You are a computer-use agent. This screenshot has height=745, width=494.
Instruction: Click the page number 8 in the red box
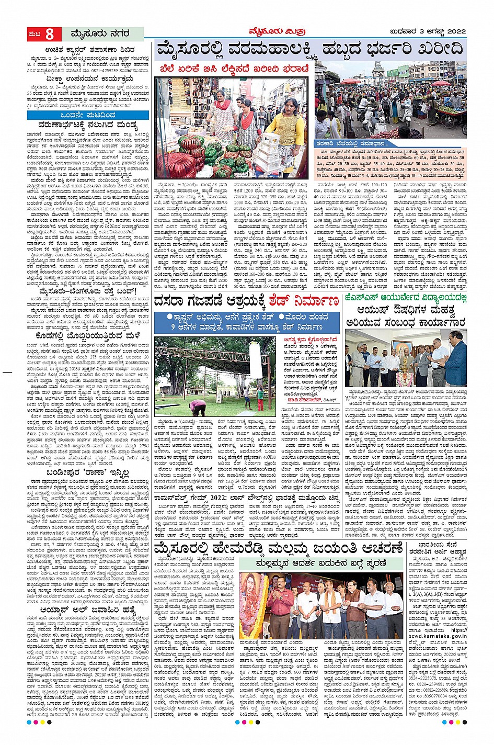(49, 35)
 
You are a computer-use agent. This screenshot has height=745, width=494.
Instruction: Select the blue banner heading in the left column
(88, 115)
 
